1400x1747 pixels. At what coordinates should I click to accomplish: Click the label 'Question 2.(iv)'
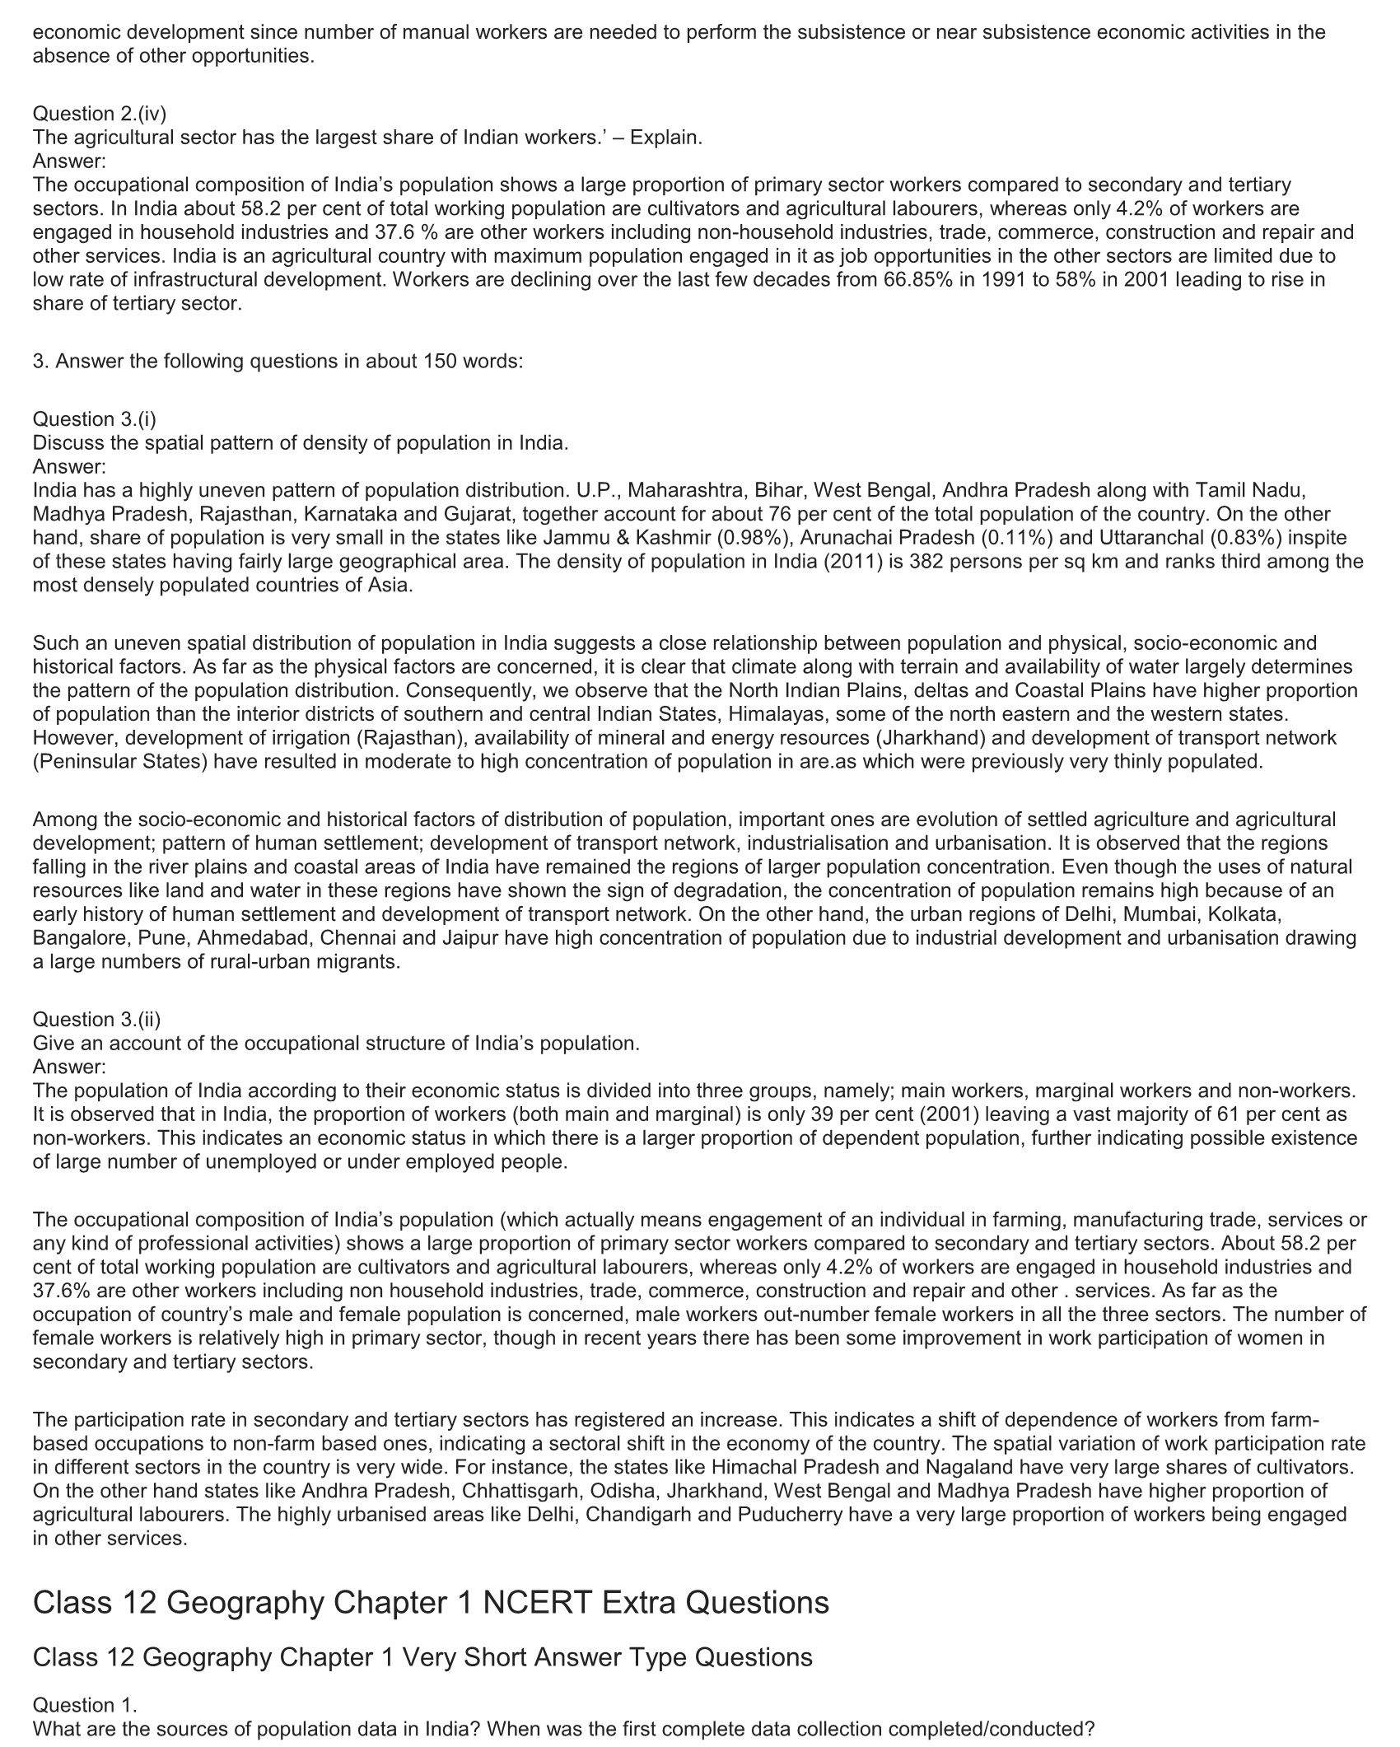point(100,114)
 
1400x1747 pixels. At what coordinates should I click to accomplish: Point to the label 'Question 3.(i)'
point(95,419)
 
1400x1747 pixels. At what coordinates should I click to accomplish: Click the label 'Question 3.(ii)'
point(97,1020)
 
